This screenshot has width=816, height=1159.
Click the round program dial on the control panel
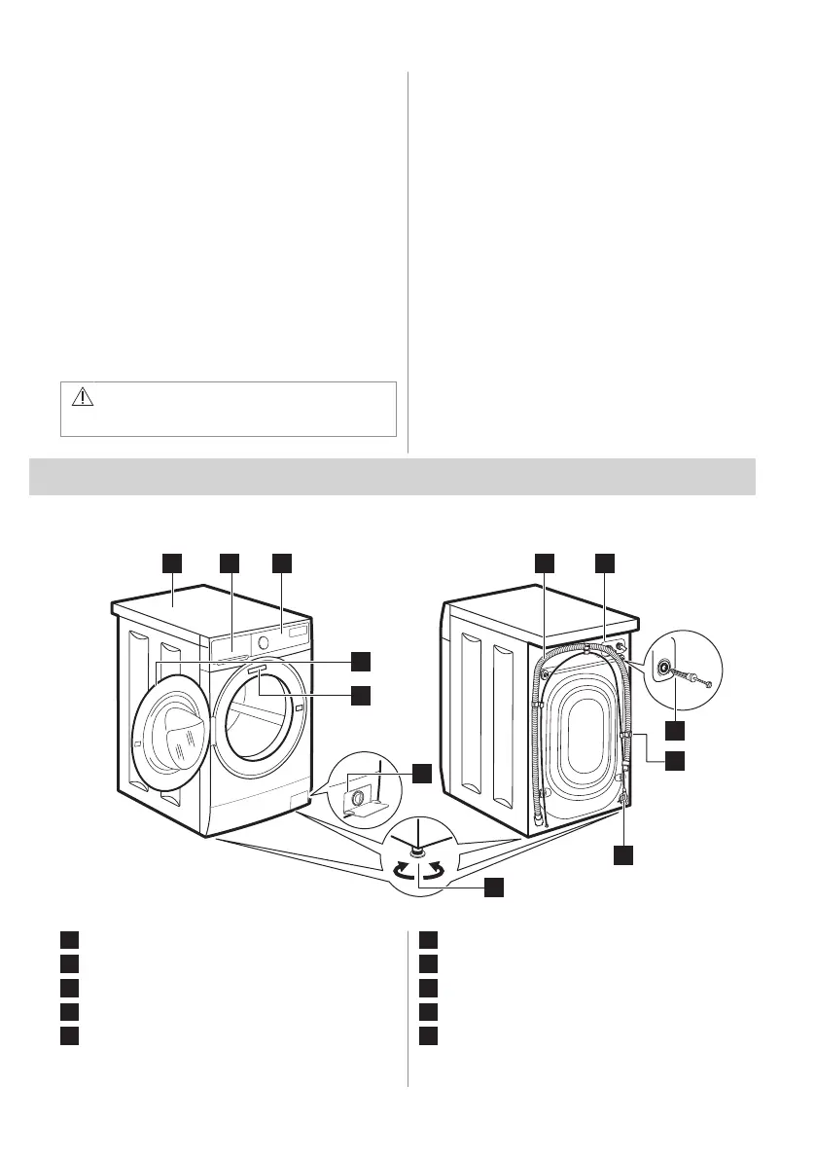(263, 641)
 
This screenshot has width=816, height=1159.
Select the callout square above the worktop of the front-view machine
(171, 562)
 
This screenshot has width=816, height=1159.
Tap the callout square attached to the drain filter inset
(421, 773)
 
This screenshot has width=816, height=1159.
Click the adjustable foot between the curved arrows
(416, 851)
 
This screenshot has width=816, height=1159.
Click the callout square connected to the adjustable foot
(495, 887)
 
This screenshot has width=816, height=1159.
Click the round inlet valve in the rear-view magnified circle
(665, 670)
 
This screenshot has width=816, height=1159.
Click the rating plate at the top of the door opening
(257, 670)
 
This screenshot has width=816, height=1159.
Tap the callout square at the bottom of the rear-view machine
(623, 855)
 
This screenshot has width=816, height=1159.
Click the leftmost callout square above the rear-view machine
(544, 562)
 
